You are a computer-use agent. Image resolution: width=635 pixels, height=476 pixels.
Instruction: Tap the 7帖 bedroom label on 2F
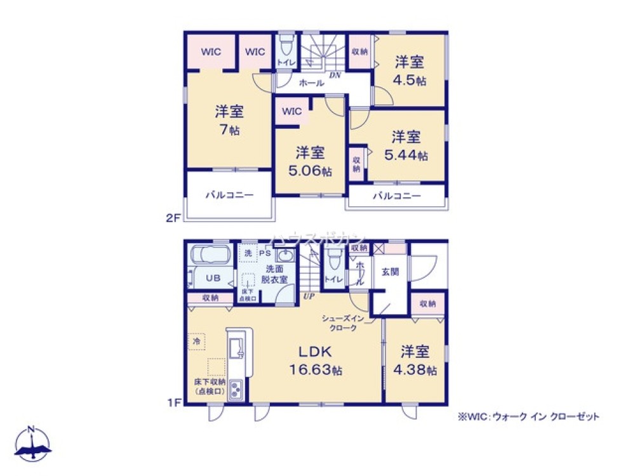[x=229, y=121]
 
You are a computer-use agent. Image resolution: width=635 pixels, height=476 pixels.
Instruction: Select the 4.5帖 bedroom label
[x=410, y=70]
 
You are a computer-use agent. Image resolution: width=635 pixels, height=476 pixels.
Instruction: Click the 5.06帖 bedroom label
[x=309, y=161]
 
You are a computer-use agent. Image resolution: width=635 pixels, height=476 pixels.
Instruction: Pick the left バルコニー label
[x=229, y=195]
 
